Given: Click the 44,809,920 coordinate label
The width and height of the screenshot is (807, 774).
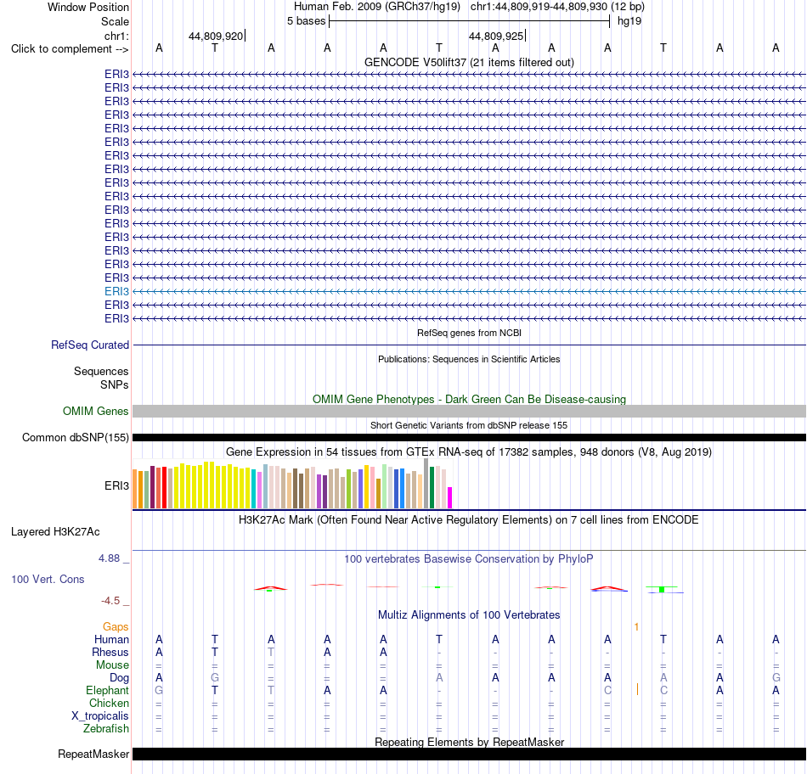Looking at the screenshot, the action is (x=216, y=36).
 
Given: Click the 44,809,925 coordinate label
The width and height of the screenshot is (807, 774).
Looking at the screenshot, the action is (x=496, y=36).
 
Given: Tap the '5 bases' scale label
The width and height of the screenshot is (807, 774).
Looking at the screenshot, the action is (x=306, y=21).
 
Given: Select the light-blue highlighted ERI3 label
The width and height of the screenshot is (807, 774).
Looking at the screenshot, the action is (x=117, y=292).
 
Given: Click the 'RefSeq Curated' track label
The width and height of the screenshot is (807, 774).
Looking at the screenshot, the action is (x=90, y=345).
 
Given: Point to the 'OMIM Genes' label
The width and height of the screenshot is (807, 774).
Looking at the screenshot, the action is (x=96, y=411).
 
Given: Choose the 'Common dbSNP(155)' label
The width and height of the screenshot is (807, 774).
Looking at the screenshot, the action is (x=76, y=438).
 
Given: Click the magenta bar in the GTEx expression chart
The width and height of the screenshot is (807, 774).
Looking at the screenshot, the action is (x=450, y=497).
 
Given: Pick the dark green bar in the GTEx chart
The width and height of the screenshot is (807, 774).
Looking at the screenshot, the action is (x=432, y=487).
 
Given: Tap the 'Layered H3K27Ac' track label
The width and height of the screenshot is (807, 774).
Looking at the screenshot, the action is (x=55, y=532).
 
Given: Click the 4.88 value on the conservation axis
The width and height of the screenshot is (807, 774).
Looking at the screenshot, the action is (x=109, y=558).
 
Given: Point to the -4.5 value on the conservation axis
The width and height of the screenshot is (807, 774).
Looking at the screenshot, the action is (x=110, y=601).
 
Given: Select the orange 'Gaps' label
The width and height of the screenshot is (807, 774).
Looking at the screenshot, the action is (x=116, y=626).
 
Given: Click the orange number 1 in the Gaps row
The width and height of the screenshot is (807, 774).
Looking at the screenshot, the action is (x=636, y=626).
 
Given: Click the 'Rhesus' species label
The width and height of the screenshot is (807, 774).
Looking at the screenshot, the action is (x=110, y=652).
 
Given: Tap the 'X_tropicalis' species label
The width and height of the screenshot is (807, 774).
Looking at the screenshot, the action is (x=100, y=716).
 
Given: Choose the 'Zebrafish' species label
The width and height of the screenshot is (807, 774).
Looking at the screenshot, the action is (x=106, y=729).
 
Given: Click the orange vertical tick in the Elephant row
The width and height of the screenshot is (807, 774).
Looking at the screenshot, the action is (x=637, y=690).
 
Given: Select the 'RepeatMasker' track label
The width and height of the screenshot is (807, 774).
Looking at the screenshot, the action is (x=93, y=754).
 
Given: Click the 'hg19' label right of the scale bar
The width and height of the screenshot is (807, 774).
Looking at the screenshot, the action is (x=629, y=21).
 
